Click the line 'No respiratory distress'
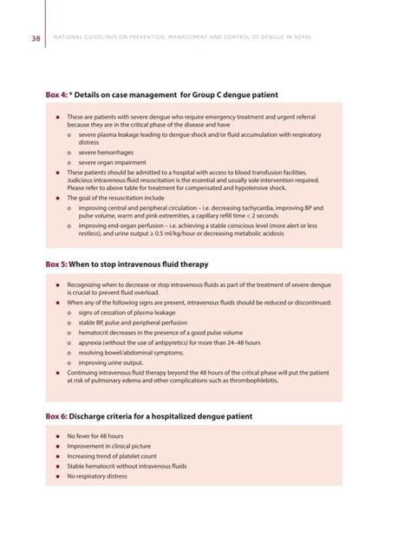tap(96, 476)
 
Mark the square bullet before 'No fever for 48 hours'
tap(56, 435)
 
